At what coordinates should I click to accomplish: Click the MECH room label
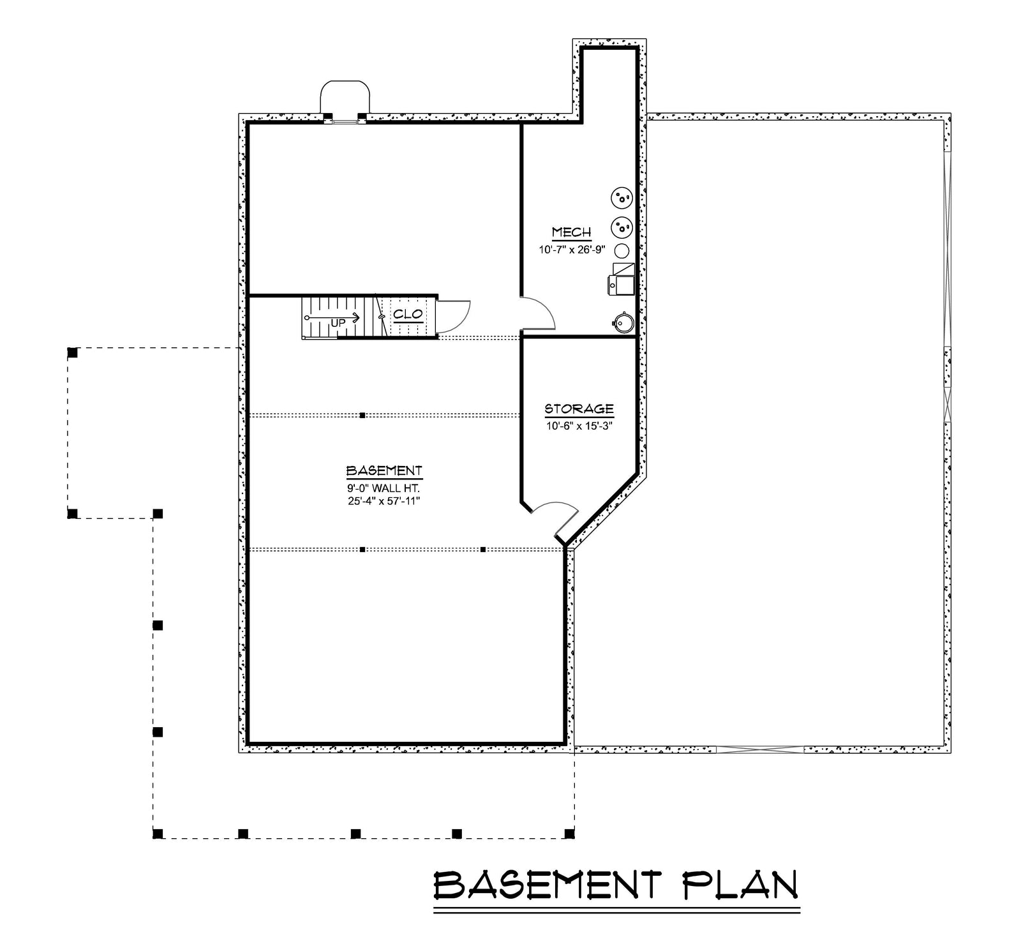pyautogui.click(x=571, y=232)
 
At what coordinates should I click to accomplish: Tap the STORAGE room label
pyautogui.click(x=579, y=409)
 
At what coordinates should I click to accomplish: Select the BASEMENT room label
pyautogui.click(x=384, y=471)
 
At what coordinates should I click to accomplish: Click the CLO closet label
pyautogui.click(x=408, y=314)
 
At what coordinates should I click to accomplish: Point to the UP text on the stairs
pyautogui.click(x=338, y=323)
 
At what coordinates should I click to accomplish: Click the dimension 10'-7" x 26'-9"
pyautogui.click(x=572, y=250)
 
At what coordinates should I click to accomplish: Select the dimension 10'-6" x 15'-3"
pyautogui.click(x=579, y=426)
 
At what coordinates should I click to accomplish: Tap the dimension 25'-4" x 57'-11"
pyautogui.click(x=384, y=500)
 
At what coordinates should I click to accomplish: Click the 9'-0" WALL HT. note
pyautogui.click(x=384, y=488)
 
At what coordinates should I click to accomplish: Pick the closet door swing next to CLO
pyautogui.click(x=457, y=315)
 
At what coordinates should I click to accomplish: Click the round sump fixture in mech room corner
pyautogui.click(x=623, y=323)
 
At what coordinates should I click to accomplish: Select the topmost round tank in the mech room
pyautogui.click(x=622, y=198)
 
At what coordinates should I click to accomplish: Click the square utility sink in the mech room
pyautogui.click(x=622, y=284)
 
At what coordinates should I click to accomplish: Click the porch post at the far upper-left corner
pyautogui.click(x=73, y=352)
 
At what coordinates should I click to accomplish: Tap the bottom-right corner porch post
pyautogui.click(x=570, y=833)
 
